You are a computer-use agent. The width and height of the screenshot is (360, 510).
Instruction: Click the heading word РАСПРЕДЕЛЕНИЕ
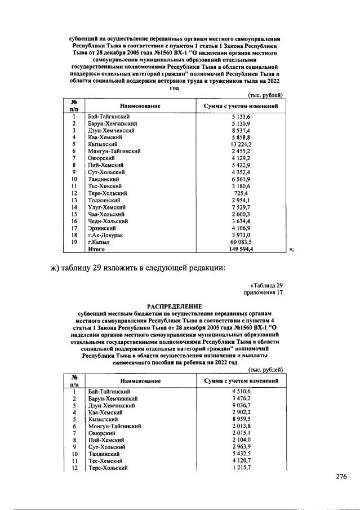[178, 308]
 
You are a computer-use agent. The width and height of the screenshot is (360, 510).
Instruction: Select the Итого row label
[97, 248]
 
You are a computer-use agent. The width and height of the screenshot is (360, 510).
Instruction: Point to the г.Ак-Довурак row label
[105, 234]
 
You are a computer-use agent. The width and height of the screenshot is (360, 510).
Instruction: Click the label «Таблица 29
[266, 286]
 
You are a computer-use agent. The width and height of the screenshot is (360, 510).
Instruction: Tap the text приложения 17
[263, 293]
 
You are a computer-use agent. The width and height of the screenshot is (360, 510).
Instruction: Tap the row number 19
[74, 241]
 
